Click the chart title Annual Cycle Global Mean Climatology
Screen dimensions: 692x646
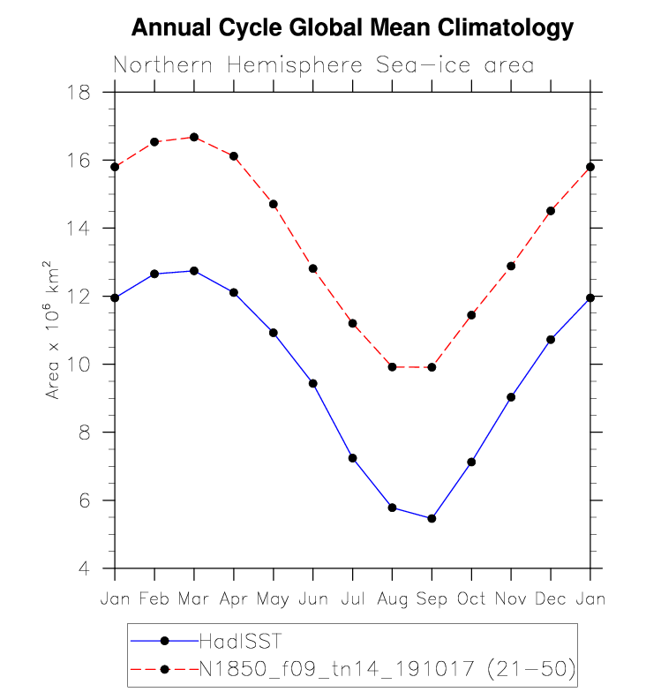(x=352, y=28)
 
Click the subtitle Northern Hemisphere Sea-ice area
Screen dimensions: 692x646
(x=323, y=66)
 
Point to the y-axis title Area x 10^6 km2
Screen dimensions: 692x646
(x=54, y=330)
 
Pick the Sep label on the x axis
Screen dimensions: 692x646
(x=432, y=599)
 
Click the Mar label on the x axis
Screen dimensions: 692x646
(x=194, y=599)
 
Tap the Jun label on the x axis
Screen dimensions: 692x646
(x=312, y=599)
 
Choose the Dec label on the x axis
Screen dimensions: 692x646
(x=551, y=599)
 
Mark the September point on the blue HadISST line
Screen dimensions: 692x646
(x=432, y=518)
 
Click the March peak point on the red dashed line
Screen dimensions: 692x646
(x=194, y=137)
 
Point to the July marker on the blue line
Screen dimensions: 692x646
(x=352, y=458)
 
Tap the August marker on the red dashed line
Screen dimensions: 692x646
(x=392, y=366)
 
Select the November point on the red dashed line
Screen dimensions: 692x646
(x=511, y=266)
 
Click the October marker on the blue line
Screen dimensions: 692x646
(x=471, y=462)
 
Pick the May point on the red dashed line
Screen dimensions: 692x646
(x=274, y=204)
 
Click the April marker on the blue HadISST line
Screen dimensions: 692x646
(x=234, y=292)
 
